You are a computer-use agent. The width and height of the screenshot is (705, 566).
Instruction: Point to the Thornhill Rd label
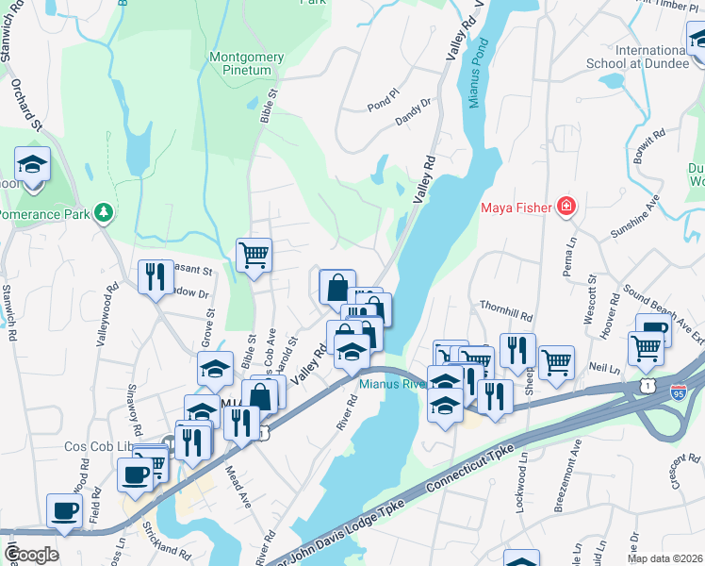(x=506, y=308)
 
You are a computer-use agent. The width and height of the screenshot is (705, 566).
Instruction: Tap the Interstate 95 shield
(x=678, y=389)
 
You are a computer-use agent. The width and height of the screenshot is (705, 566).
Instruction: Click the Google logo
(x=31, y=554)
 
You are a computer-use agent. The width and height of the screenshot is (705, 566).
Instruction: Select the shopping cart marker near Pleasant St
(x=254, y=254)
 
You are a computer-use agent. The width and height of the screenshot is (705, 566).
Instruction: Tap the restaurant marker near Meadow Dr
(x=156, y=276)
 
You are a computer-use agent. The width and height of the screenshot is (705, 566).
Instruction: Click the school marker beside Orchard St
(x=32, y=165)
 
